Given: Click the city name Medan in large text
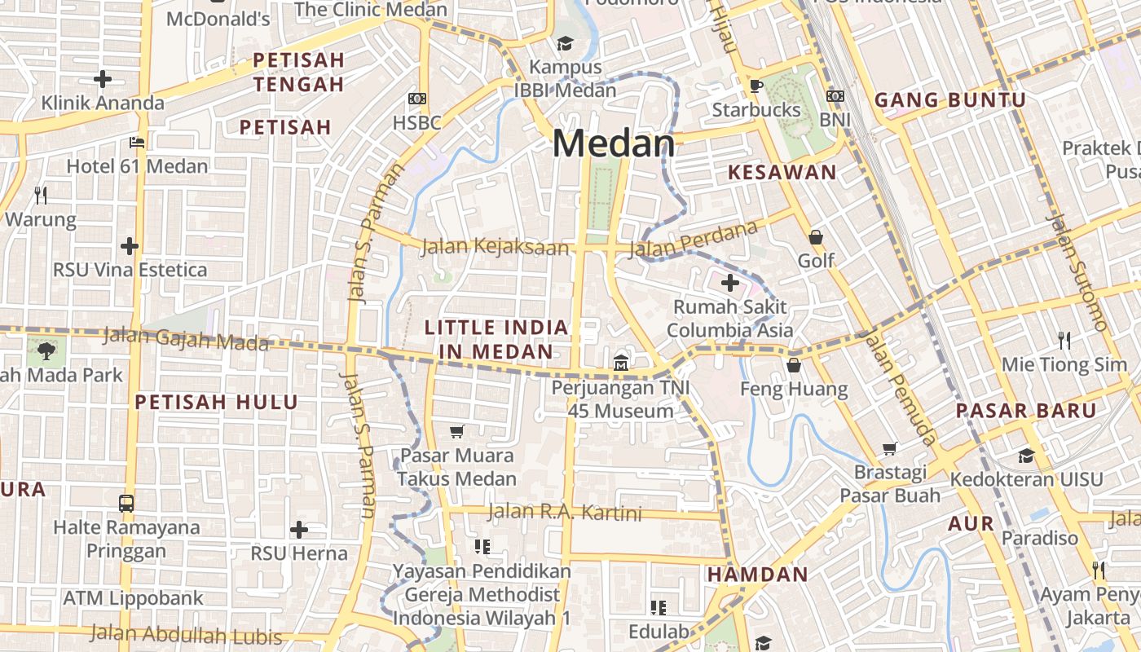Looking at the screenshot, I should (614, 144).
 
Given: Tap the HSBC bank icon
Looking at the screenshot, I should (417, 99).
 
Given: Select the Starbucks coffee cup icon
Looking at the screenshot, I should (756, 85).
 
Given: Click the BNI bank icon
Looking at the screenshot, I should (835, 96).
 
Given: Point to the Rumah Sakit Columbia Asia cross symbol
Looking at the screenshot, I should (729, 283).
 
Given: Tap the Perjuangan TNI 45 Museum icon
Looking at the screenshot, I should (621, 362).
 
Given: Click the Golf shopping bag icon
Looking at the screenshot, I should (816, 237).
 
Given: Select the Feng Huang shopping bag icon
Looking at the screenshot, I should (794, 364).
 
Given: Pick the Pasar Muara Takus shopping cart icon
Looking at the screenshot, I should (457, 430).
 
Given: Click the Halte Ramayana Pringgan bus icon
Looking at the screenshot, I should (126, 503).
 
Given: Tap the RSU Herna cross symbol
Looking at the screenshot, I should (299, 530).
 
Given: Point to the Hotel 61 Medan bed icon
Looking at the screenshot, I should (137, 142).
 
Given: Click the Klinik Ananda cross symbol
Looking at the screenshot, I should (103, 79).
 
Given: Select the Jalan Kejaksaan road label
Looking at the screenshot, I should (495, 246).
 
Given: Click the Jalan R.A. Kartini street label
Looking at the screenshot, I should (565, 513).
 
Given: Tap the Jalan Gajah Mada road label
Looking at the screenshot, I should (186, 338).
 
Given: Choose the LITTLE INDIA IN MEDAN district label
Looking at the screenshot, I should (496, 339).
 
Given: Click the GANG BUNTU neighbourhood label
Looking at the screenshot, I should (949, 100).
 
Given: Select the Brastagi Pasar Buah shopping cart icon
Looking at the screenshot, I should (890, 448).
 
